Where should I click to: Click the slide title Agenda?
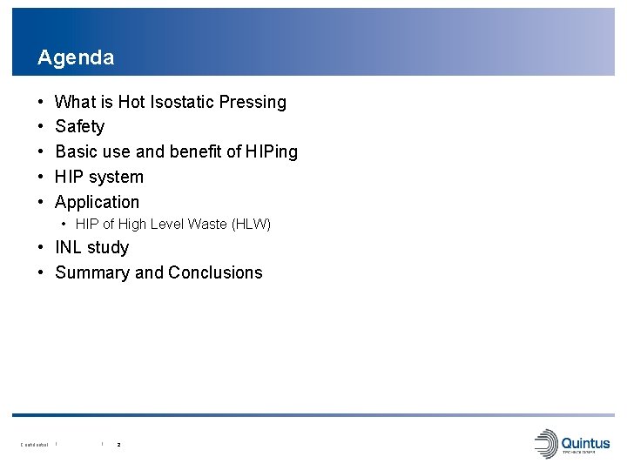[76, 58]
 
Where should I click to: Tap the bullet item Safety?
[79, 127]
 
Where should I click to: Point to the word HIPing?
[272, 151]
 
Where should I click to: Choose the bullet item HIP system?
[99, 177]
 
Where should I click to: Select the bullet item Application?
[97, 202]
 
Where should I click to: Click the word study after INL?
[108, 248]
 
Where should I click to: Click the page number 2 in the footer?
[118, 445]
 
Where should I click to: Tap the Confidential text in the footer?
[34, 445]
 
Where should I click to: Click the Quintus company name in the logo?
[586, 443]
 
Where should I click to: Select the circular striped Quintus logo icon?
[546, 444]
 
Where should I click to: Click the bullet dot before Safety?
[42, 127]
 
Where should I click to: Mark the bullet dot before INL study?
[42, 248]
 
